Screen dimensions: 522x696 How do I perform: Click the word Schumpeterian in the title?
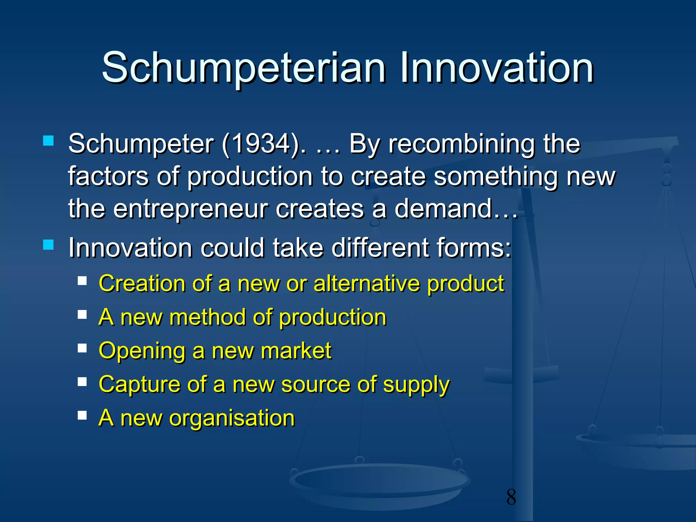[243, 68]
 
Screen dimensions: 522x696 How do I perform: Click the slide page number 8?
[511, 497]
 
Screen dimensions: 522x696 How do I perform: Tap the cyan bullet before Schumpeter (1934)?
[49, 141]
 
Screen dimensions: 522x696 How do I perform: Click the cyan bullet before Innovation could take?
[49, 245]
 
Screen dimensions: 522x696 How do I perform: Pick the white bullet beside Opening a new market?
[82, 348]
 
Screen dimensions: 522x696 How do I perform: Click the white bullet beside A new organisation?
[82, 415]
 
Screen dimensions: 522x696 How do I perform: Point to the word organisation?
[232, 418]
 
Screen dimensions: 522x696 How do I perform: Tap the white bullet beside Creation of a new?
[82, 281]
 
